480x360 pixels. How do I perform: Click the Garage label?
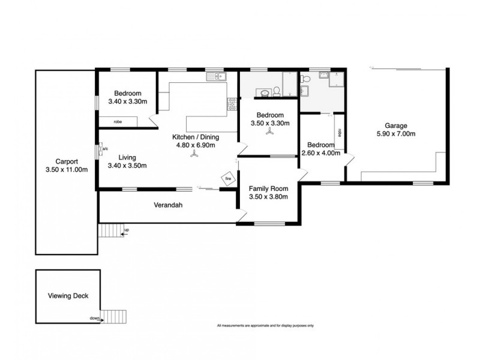click(388, 125)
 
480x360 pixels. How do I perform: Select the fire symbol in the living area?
click(228, 178)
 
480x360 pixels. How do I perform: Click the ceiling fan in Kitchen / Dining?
click(194, 155)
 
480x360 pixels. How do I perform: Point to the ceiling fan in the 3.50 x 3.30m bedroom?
click(269, 135)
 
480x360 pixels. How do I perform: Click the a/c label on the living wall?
click(104, 148)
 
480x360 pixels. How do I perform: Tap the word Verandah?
click(167, 206)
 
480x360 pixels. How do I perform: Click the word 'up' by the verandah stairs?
click(126, 229)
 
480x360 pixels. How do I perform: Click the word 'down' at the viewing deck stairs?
click(94, 319)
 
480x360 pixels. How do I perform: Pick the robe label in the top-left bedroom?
click(118, 122)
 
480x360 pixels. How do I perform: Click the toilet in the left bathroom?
click(277, 91)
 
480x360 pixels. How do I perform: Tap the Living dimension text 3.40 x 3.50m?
click(127, 166)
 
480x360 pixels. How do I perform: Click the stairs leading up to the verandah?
click(109, 230)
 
